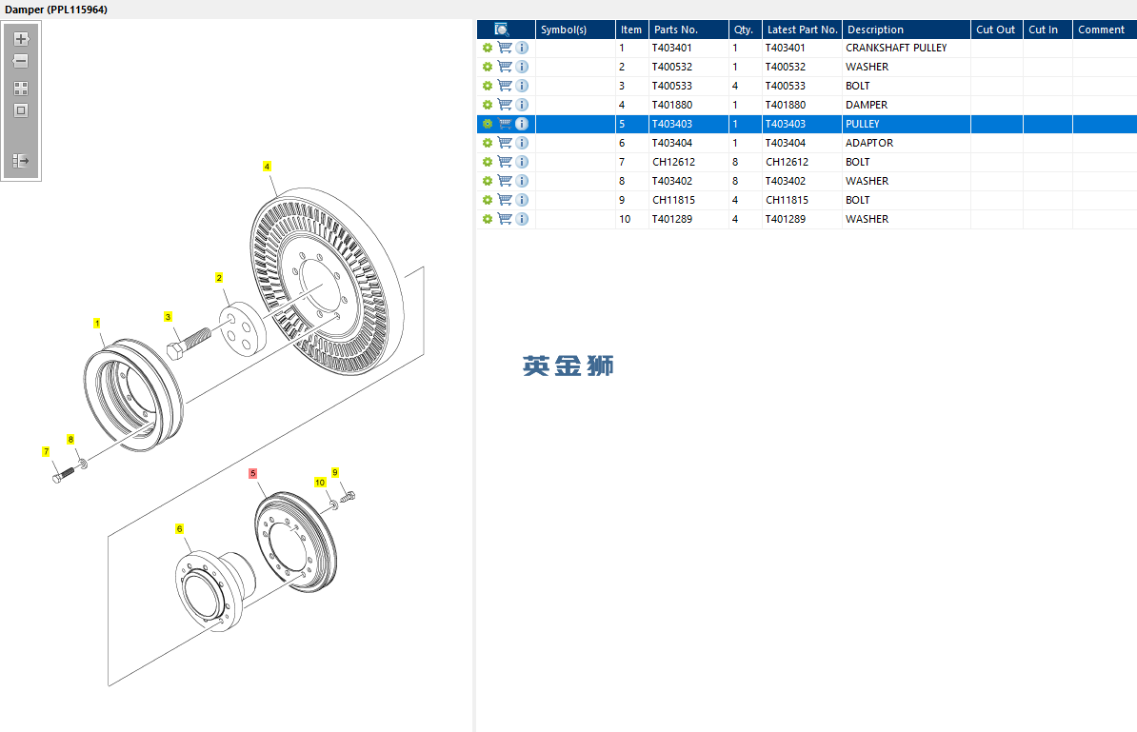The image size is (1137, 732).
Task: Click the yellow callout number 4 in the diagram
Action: [x=267, y=167]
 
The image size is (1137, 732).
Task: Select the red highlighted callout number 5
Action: [x=252, y=473]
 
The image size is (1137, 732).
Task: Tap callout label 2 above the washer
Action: [x=219, y=278]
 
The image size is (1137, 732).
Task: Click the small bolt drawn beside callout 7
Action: [x=63, y=475]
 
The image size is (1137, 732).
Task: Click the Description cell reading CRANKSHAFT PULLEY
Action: [x=896, y=48]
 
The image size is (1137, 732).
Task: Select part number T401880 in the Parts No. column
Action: [x=672, y=105]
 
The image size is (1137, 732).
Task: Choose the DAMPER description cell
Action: [x=867, y=105]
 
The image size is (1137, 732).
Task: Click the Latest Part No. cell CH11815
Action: [x=787, y=200]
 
